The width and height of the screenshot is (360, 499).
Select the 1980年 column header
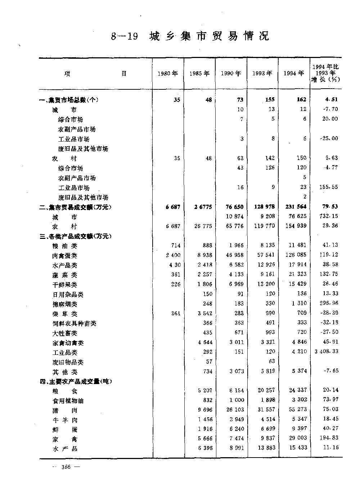pos(168,73)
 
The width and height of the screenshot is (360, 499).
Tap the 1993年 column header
pos(262,73)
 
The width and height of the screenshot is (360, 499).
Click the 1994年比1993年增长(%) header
pos(325,73)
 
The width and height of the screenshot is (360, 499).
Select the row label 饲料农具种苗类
pos(74,324)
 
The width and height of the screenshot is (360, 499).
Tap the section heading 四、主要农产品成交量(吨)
pos(76,382)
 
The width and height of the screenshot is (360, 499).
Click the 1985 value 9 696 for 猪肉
pos(205,410)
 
